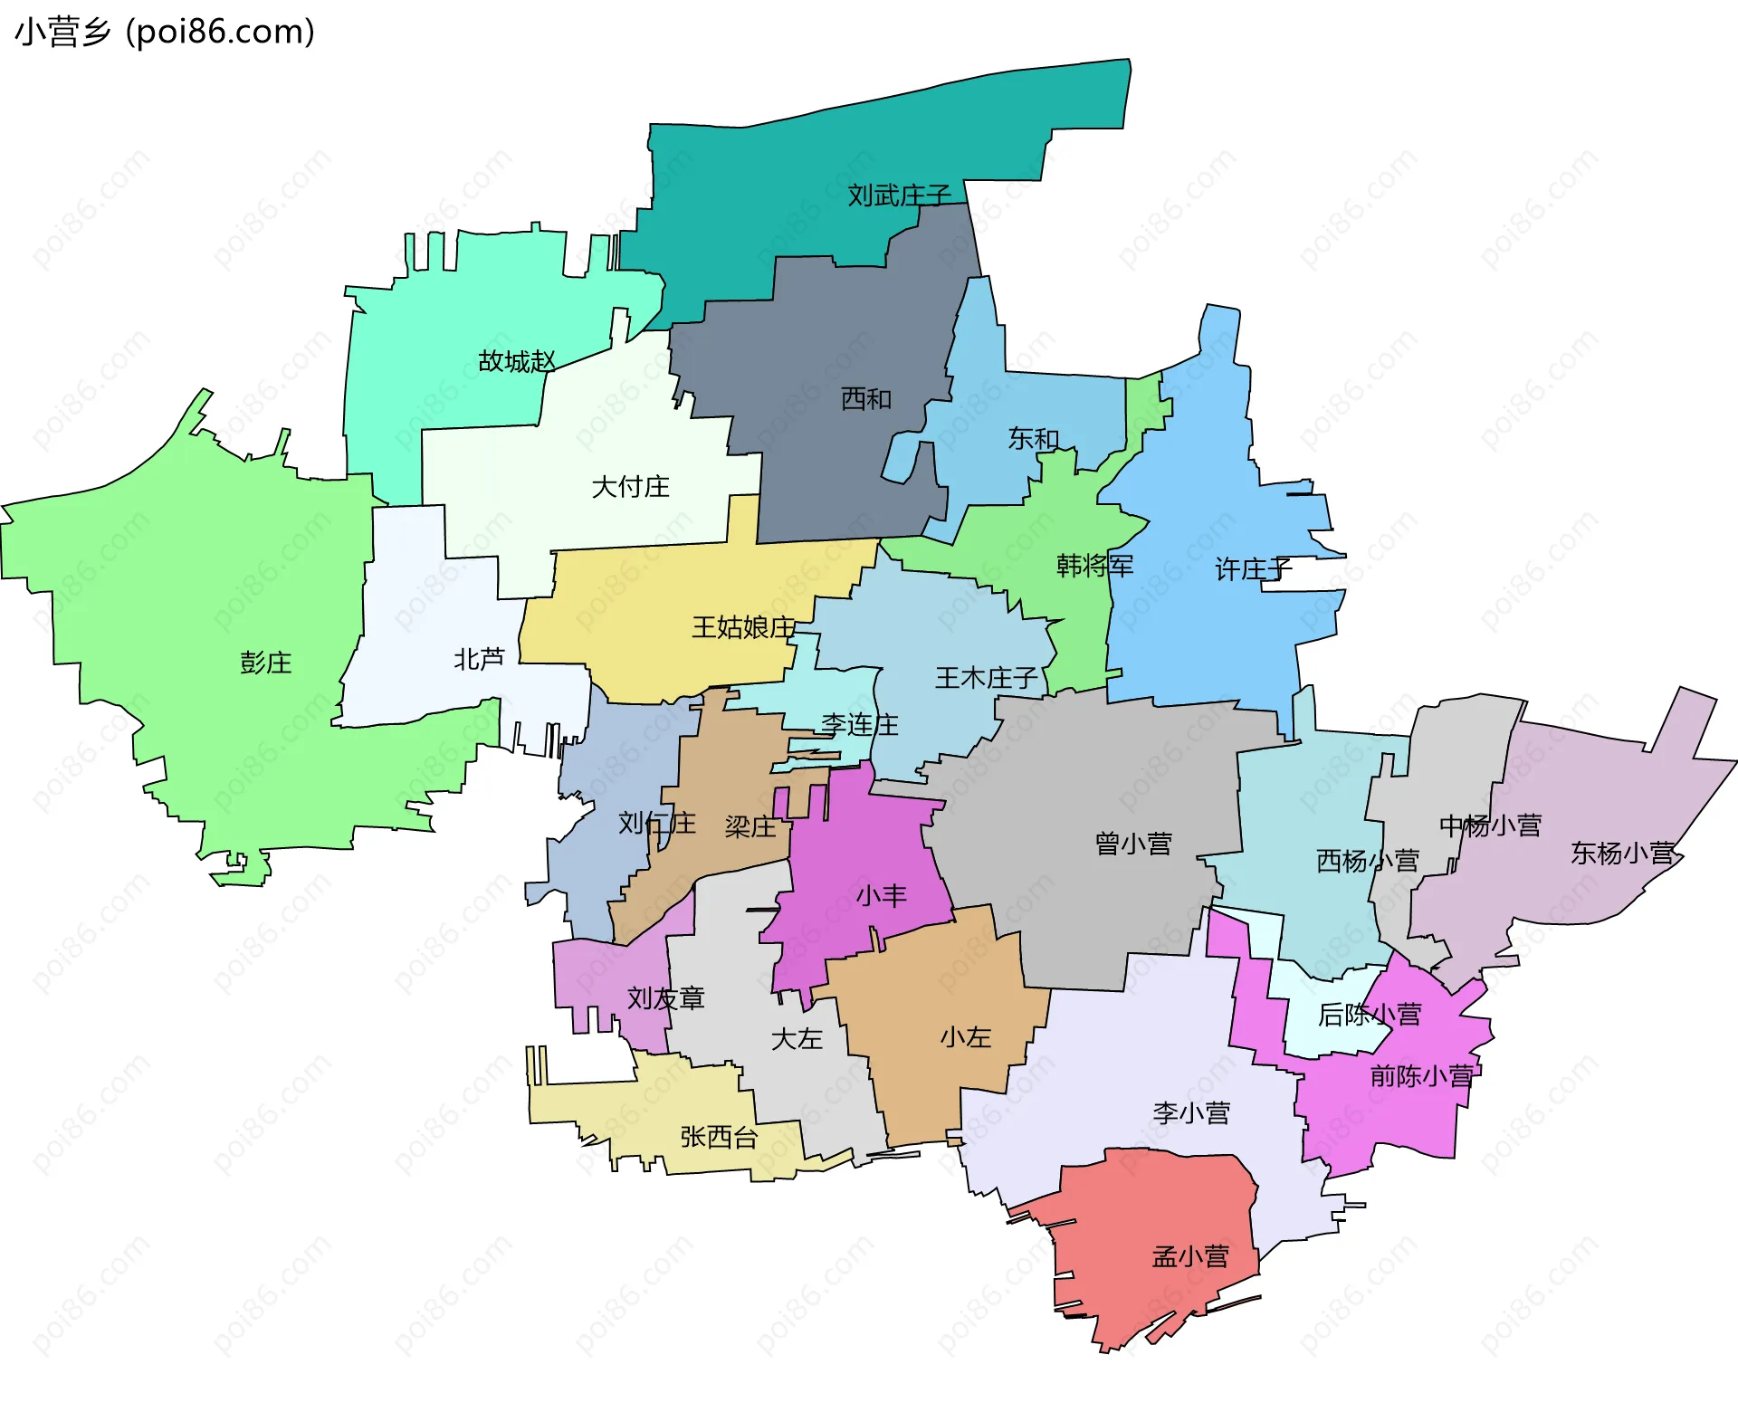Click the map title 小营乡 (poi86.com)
tap(165, 33)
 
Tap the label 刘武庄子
tap(899, 196)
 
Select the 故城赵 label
tap(516, 362)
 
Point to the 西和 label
tap(865, 399)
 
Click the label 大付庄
tap(630, 487)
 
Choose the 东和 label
tap(1033, 439)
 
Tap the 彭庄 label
tap(265, 663)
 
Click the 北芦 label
tap(479, 659)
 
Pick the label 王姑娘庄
tap(743, 627)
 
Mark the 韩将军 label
tap(1094, 566)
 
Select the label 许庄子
tap(1253, 569)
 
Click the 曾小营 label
tap(1133, 844)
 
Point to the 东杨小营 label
tap(1622, 853)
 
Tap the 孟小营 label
tap(1190, 1256)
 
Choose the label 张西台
tap(719, 1137)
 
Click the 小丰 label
tap(881, 896)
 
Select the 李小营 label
tap(1191, 1112)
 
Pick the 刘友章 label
tap(665, 998)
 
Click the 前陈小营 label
tap(1421, 1076)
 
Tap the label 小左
tap(965, 1037)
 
